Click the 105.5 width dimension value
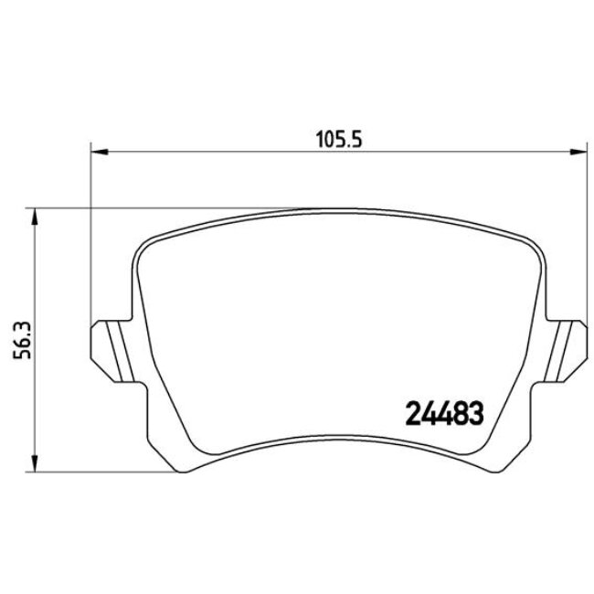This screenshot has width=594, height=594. point(339,140)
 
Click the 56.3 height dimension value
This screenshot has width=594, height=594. point(22,340)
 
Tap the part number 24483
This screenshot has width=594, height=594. point(444,414)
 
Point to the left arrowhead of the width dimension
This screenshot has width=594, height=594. point(100,153)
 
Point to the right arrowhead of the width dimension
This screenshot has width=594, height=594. point(578,153)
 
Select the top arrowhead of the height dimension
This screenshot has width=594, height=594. point(35,217)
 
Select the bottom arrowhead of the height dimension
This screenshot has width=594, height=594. point(35,463)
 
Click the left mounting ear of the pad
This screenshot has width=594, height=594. point(112,351)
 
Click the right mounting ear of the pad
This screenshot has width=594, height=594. point(566,351)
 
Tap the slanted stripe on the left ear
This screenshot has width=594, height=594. point(121,351)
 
